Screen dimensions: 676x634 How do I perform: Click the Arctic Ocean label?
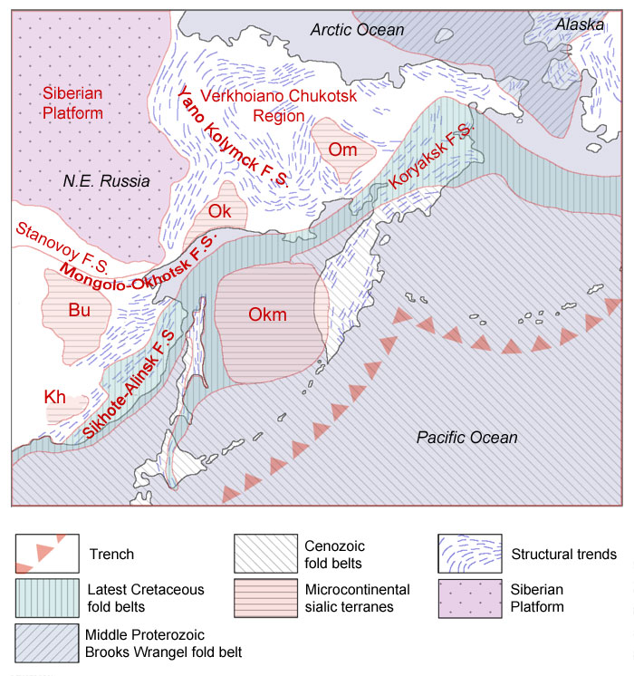click(357, 30)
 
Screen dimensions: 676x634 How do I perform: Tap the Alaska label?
click(580, 24)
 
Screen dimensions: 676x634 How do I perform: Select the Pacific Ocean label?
click(466, 438)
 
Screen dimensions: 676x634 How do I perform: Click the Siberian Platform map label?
click(72, 102)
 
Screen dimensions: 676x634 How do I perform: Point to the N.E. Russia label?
click(106, 180)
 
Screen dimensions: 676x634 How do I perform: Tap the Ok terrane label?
click(220, 211)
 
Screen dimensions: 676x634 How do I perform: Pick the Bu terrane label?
click(80, 310)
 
